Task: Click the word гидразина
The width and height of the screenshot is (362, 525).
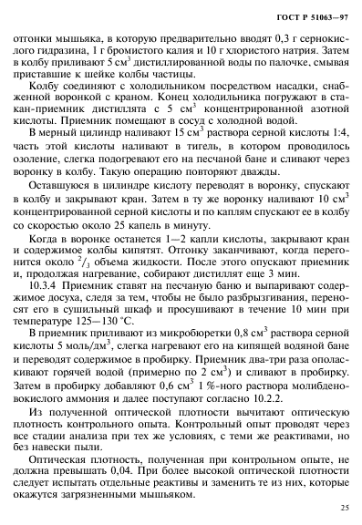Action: (x=59, y=49)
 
